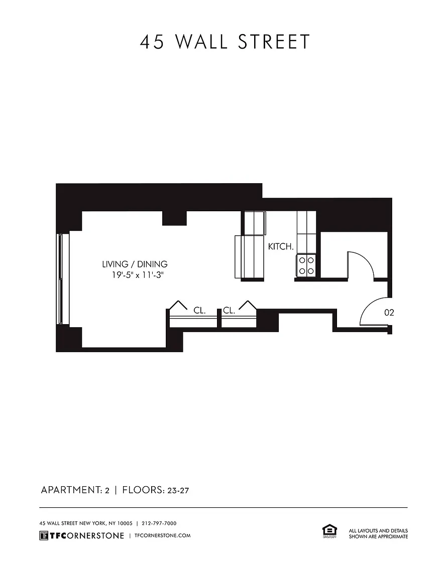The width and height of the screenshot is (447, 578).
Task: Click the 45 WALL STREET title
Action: tap(225, 42)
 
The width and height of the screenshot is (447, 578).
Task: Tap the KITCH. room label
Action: tap(281, 247)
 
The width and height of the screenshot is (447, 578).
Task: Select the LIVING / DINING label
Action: tap(135, 264)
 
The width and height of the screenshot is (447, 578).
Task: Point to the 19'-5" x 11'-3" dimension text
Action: tap(137, 274)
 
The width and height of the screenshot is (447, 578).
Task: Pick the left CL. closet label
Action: tap(199, 311)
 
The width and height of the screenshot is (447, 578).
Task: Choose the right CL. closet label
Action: tap(229, 311)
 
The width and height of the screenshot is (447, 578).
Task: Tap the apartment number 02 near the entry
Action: tap(389, 313)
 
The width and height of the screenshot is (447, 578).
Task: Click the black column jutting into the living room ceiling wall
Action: tap(174, 218)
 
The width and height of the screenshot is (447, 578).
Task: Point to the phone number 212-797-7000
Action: tap(159, 523)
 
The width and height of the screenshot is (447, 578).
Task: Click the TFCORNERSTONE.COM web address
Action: tap(163, 535)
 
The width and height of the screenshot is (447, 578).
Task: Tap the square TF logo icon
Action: tap(44, 536)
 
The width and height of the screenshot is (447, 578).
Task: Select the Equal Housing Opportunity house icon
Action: tap(329, 531)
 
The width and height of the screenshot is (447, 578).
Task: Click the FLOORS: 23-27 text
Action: tap(155, 490)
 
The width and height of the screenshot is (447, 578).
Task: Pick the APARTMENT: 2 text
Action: tap(75, 490)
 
